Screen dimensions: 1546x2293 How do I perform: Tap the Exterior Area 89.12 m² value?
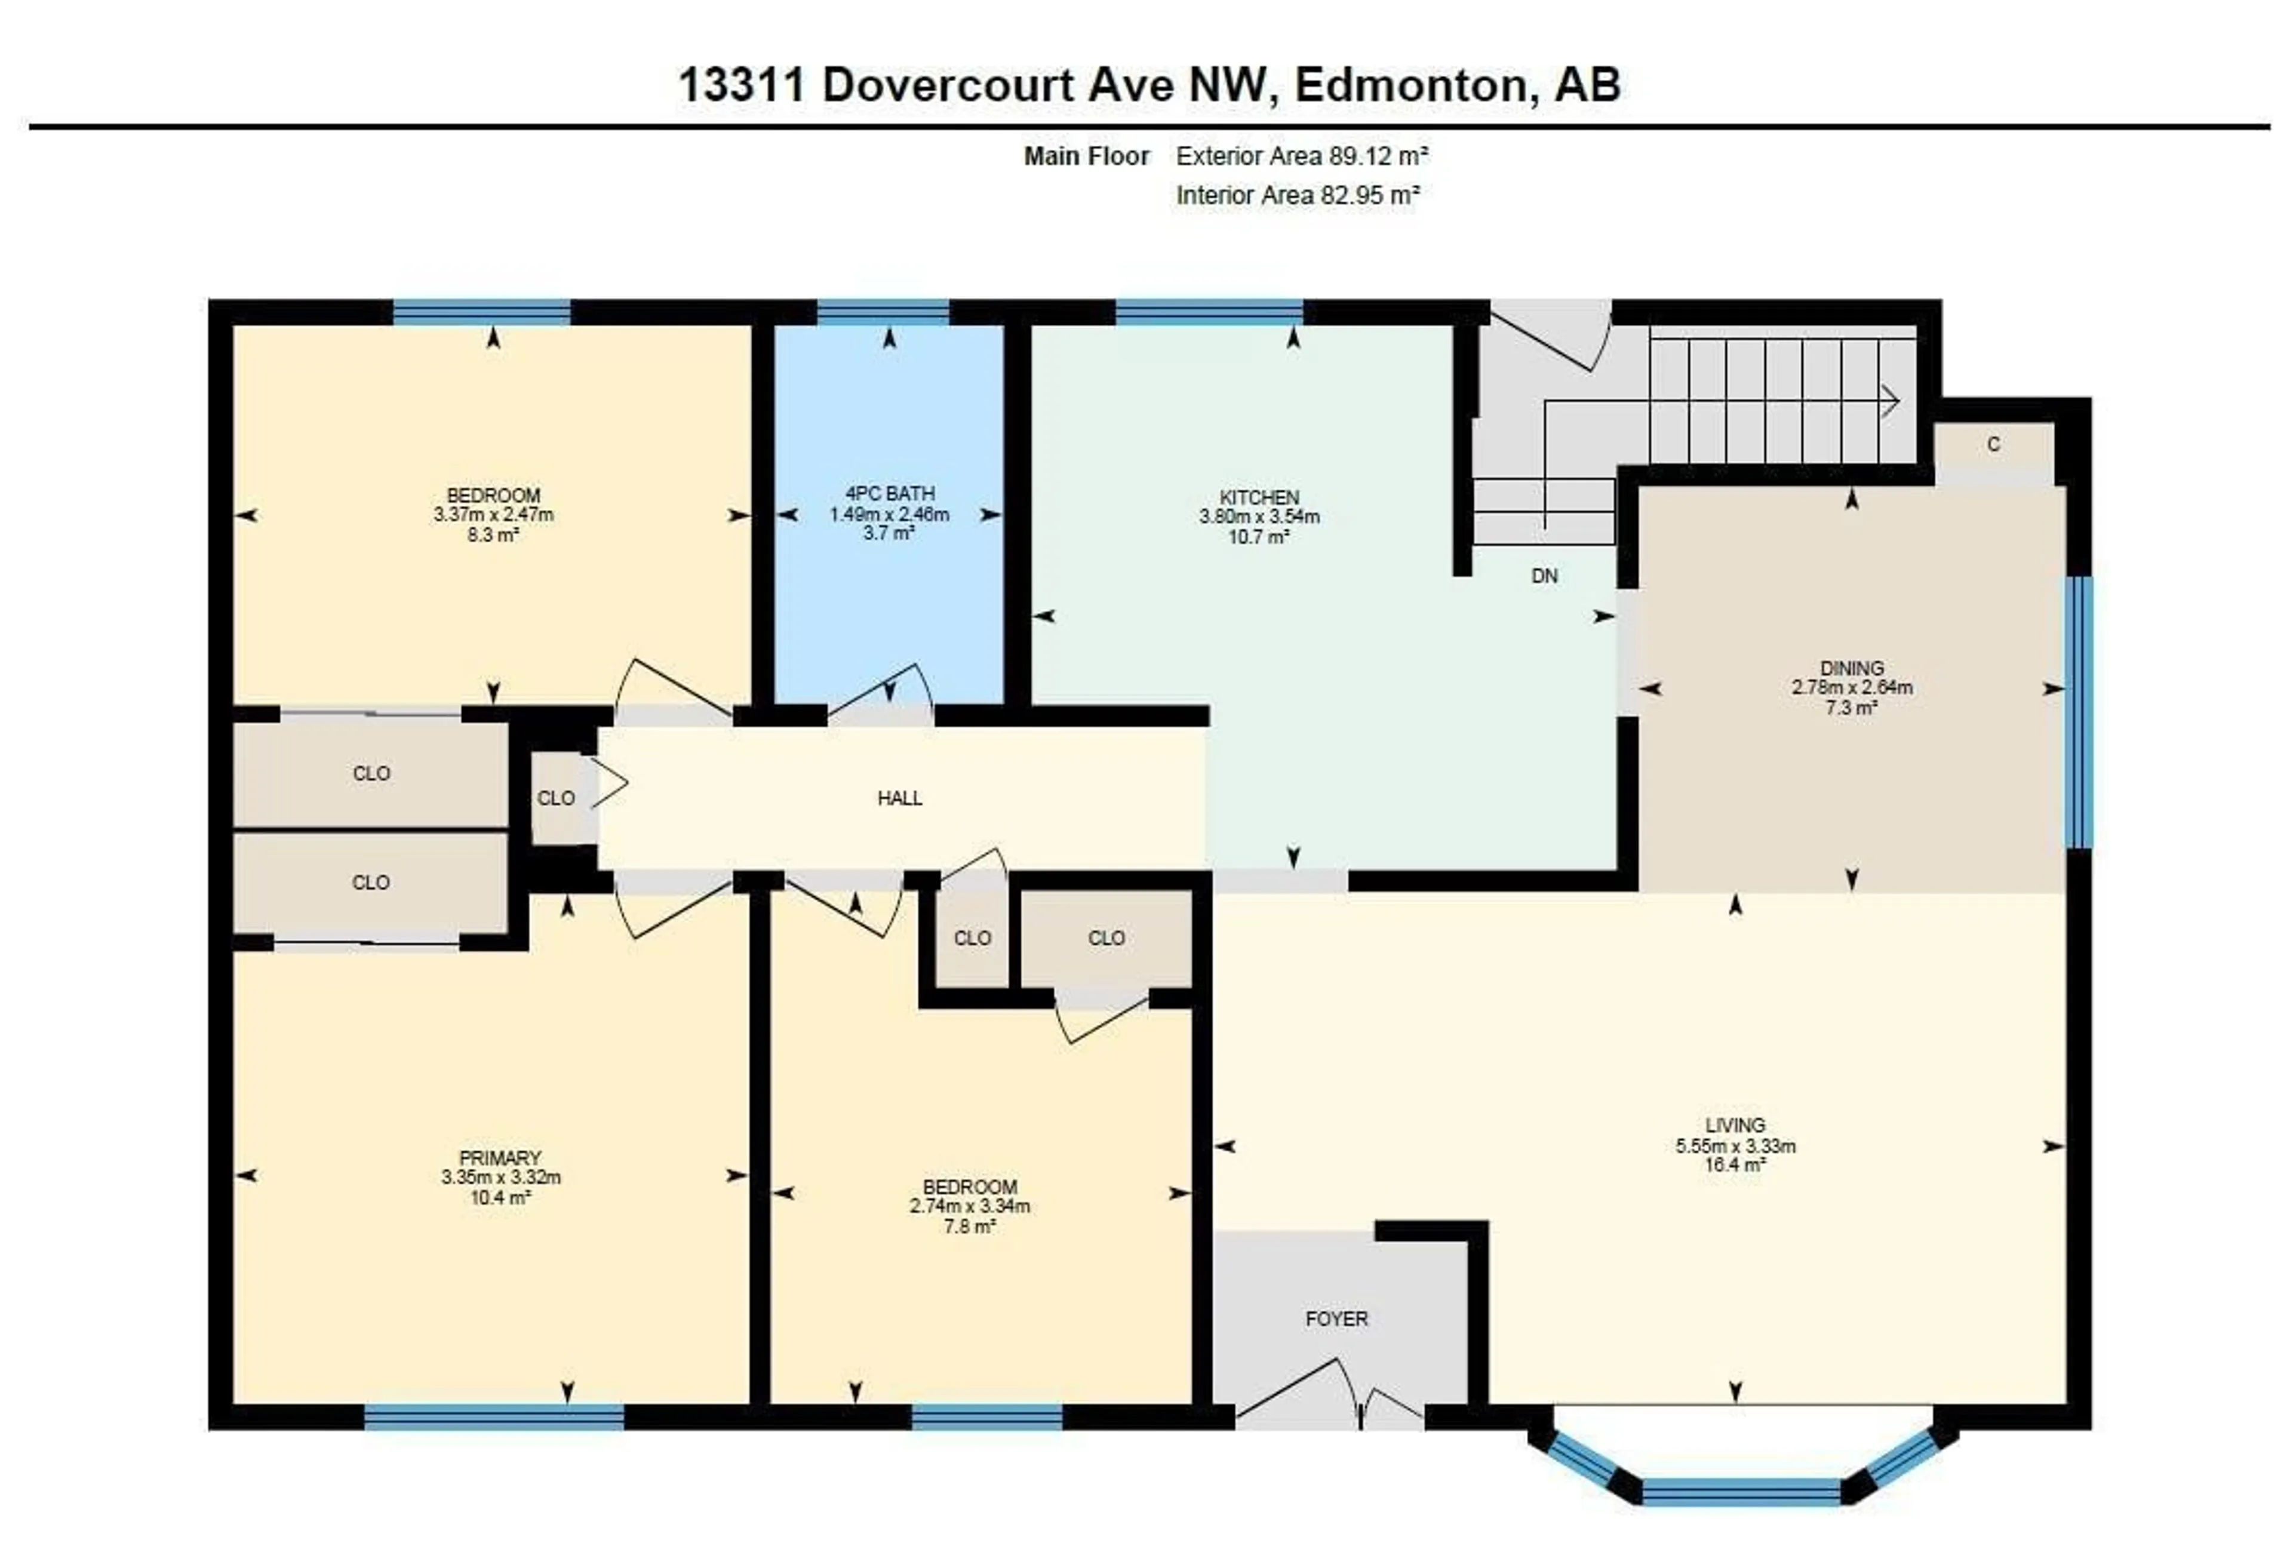(1301, 156)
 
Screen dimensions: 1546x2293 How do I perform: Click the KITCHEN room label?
(1259, 497)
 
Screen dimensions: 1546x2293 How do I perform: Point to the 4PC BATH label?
(889, 493)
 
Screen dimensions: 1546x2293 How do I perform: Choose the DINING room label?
(1851, 668)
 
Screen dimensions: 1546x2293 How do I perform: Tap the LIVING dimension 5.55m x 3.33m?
(1735, 1146)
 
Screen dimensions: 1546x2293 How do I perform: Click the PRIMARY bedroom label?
(500, 1157)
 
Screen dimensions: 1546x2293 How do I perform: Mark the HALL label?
(899, 798)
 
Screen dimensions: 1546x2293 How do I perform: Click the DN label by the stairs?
(1544, 576)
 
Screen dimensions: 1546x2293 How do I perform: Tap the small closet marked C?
(1993, 445)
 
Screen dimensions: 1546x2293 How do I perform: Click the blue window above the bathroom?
(883, 312)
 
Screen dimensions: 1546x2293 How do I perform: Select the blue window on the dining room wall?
(2078, 712)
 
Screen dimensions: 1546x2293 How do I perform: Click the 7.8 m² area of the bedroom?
(969, 1225)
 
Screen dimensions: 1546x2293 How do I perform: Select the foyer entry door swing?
(1301, 1385)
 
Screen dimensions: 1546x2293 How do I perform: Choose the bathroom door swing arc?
(880, 687)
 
